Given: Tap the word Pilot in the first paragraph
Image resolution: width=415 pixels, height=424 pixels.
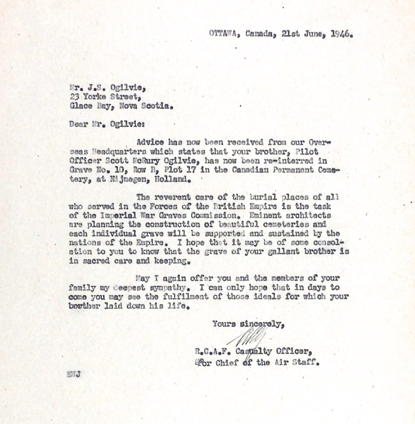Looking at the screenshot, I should coord(308,152).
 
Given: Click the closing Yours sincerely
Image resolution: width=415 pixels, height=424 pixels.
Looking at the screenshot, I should coord(248,324).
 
